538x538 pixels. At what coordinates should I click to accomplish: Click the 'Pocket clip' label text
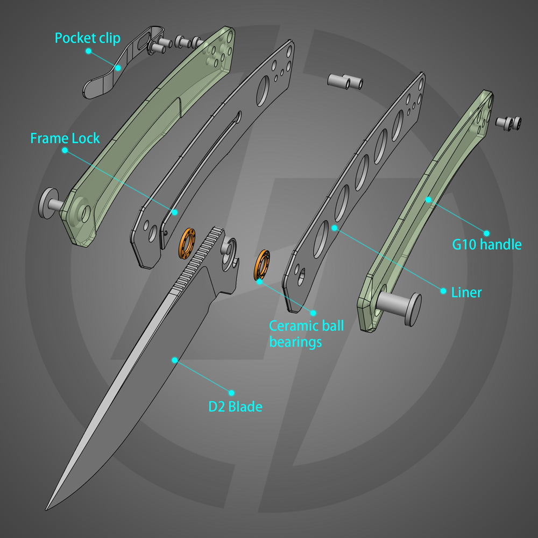coord(87,38)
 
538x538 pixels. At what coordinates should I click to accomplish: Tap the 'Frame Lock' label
coord(65,138)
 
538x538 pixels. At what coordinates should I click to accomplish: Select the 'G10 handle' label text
coord(486,245)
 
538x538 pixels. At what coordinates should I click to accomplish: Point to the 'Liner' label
coord(466,292)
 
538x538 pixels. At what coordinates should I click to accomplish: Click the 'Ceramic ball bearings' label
coord(306,333)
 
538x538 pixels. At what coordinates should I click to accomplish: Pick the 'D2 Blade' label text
coord(235,406)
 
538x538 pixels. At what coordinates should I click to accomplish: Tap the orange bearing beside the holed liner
coord(262,265)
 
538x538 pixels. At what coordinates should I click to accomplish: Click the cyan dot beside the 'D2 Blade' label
coord(232,393)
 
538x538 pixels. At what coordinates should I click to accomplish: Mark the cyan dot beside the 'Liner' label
coord(443,291)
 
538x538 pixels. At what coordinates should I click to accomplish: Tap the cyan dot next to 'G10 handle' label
coord(486,233)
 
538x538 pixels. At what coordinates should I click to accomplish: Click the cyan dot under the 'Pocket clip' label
coord(89,51)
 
